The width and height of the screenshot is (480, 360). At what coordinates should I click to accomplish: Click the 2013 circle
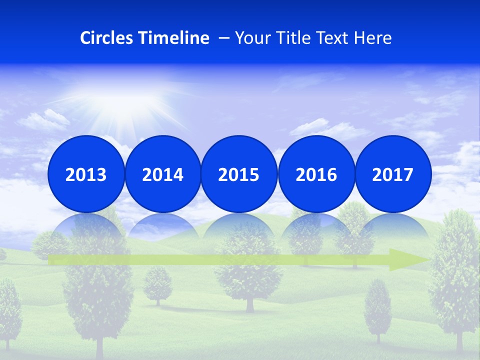point(86,174)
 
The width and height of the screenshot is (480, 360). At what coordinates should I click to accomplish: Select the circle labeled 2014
point(163,174)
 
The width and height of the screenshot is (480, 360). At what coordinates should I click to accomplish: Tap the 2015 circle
point(239,174)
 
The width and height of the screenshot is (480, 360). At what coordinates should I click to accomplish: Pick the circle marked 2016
point(316,174)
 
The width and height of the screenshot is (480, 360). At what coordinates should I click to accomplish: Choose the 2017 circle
point(393,174)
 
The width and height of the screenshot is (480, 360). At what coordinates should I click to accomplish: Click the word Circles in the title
point(107,38)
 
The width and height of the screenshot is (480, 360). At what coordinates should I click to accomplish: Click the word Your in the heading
point(252,38)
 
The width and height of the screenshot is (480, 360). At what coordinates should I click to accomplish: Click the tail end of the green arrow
point(52,260)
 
